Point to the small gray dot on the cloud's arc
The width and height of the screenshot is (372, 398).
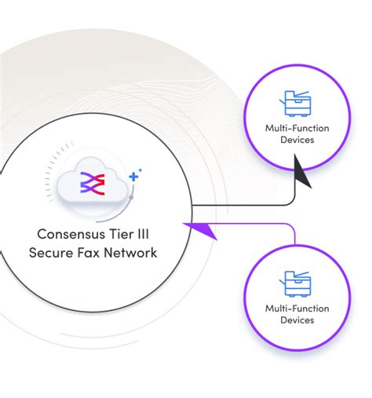[x=132, y=195]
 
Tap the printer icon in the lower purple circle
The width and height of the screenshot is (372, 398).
[x=296, y=284]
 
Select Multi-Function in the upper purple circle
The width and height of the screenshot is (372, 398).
[x=296, y=128]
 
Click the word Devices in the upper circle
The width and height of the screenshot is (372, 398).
[x=296, y=141]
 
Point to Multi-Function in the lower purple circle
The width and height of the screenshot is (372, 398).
[x=296, y=308]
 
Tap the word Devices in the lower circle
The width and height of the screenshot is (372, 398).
[x=296, y=320]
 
